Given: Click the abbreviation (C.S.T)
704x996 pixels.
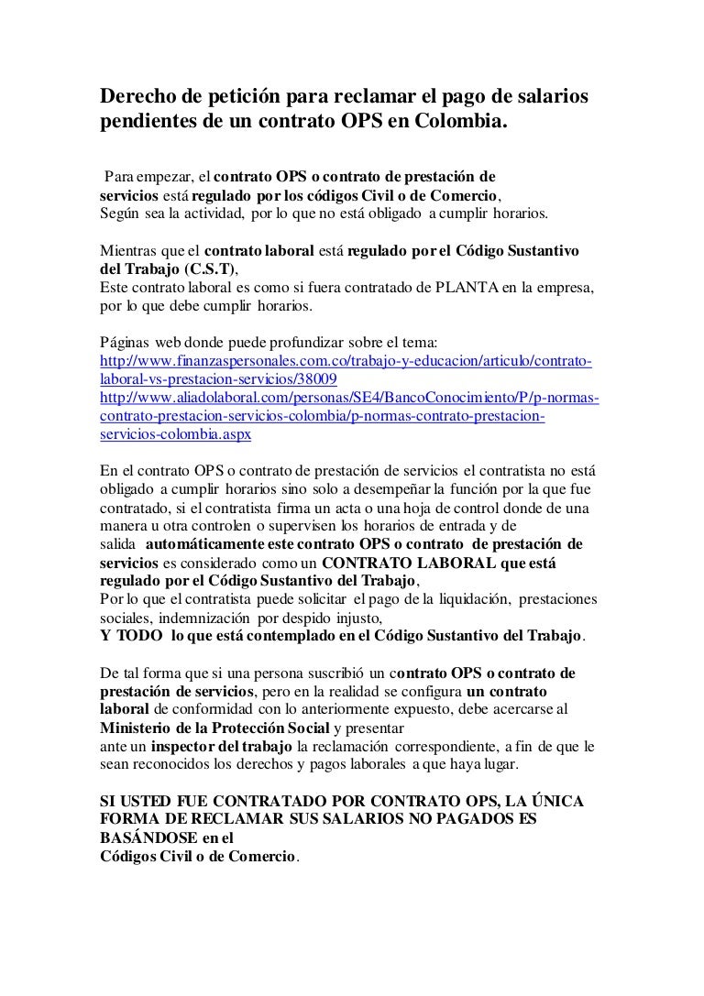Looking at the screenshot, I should point(209,268).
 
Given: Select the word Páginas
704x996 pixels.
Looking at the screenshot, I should point(124,342).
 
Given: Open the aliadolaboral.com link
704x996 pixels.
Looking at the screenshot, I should point(348,398).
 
